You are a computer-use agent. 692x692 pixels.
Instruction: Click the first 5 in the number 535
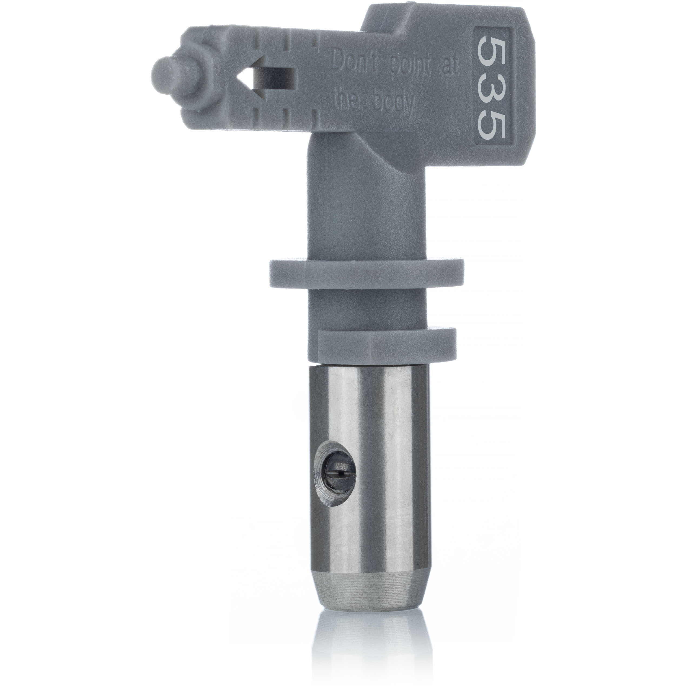pos(492,50)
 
